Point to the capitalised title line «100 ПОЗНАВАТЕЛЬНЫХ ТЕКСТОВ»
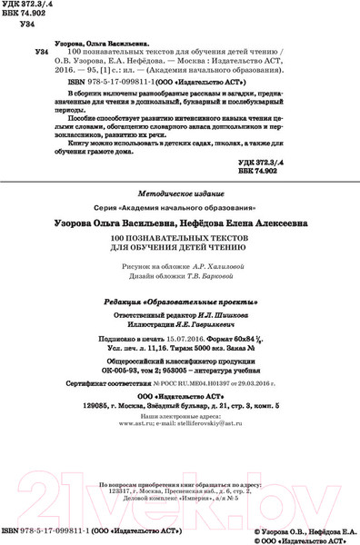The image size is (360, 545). pos(179,238)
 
